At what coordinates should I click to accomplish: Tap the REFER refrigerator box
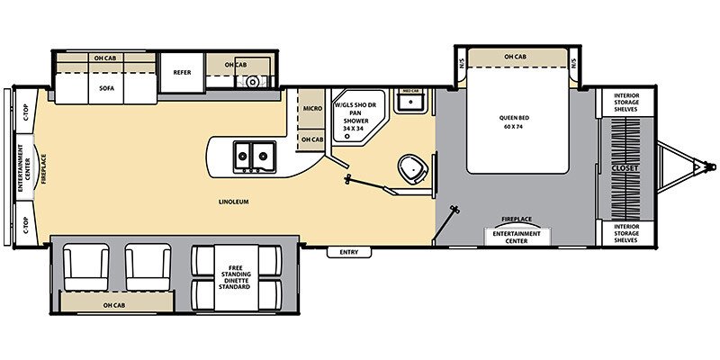point(176,72)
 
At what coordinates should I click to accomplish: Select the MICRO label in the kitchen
point(312,108)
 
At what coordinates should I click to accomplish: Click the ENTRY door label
point(349,252)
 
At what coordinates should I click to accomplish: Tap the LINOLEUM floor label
point(232,202)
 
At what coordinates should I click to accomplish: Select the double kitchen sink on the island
point(253,157)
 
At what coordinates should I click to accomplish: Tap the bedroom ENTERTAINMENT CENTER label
point(517,237)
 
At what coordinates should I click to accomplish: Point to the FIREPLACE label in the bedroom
point(517,219)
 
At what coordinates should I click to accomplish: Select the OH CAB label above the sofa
point(104,58)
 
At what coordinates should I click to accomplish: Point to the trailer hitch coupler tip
point(710,166)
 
